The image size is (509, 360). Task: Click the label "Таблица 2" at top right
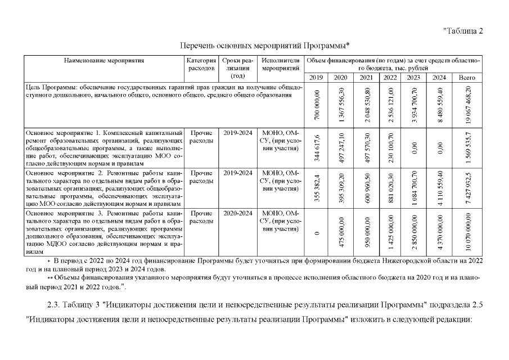[463, 30]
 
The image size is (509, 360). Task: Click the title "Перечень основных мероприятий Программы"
[265, 44]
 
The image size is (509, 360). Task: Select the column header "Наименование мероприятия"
[104, 60]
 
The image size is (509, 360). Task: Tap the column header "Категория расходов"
[201, 64]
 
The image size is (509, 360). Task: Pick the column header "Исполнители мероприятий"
[281, 64]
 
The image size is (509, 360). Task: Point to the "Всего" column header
[467, 78]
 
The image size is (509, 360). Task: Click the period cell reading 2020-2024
[237, 214]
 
